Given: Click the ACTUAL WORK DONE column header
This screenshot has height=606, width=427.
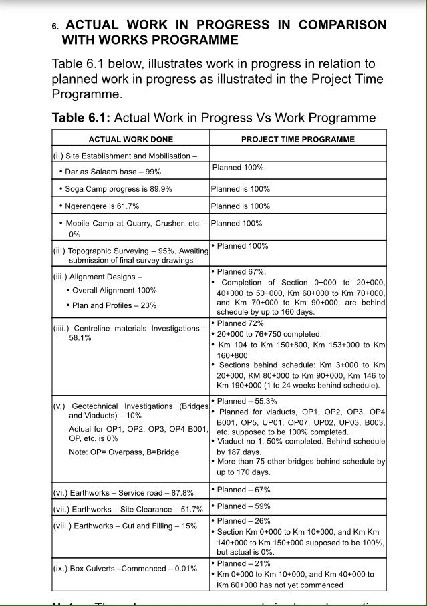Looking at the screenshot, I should tap(130, 140).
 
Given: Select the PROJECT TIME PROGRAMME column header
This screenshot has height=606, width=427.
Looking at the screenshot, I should tap(297, 140).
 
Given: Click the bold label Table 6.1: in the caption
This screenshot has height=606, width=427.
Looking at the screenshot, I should tap(82, 118).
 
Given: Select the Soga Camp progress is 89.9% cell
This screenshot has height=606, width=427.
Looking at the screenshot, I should tap(118, 189).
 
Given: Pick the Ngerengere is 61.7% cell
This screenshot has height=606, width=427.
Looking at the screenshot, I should tap(102, 206).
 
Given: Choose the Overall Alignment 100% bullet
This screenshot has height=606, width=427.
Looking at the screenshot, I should tap(114, 291).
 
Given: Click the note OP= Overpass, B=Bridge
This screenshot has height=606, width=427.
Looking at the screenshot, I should tap(124, 452).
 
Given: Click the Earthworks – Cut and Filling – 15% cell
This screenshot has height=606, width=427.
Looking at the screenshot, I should tap(125, 526).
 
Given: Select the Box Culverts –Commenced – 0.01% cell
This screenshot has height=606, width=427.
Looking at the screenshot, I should tap(125, 569).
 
